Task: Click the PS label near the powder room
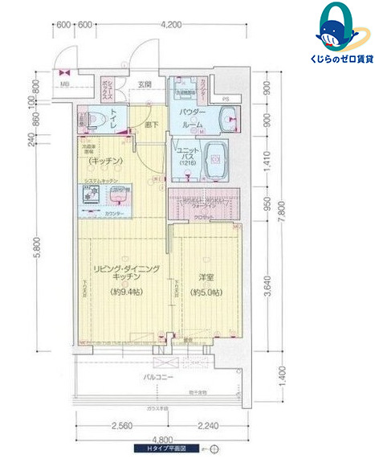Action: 226,99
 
